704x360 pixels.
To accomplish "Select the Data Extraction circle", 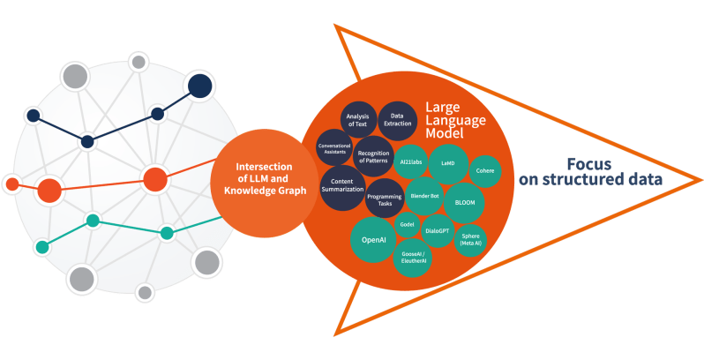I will coord(397,121).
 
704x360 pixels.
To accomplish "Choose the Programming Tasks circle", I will coord(384,199).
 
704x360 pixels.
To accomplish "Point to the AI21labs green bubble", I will coord(412,163).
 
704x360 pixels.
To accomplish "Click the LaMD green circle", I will coord(447,164).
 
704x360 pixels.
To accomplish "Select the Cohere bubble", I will coord(484,170).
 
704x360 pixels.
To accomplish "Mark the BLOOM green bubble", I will coord(464,202).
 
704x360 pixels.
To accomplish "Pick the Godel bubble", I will coord(407,224).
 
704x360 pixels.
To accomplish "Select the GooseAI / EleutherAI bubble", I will coord(412,258).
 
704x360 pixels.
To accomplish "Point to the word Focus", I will coord(588,164).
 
